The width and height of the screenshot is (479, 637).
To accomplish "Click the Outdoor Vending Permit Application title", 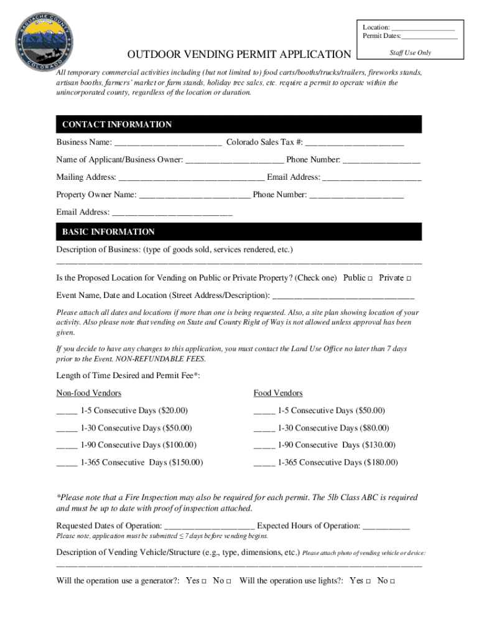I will click(240, 55).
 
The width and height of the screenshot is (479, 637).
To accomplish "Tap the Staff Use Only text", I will click(410, 53).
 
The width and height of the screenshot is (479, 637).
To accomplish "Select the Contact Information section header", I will click(117, 124).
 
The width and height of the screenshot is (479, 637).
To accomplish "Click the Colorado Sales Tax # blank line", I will click(355, 144).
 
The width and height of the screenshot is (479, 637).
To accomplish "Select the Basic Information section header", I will click(108, 232).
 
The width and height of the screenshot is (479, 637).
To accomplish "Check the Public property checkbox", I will click(370, 278).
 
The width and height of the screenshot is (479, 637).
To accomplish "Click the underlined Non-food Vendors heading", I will click(89, 393).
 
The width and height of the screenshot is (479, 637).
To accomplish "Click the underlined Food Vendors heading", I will click(278, 393).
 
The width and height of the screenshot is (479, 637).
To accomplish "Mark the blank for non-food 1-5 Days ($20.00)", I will click(67, 412).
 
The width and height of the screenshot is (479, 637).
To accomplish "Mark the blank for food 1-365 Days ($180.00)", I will click(264, 463).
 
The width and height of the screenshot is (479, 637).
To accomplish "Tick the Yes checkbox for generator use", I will click(204, 581).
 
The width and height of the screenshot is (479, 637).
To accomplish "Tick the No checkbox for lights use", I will click(393, 581).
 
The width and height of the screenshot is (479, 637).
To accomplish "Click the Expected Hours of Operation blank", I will click(386, 527).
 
